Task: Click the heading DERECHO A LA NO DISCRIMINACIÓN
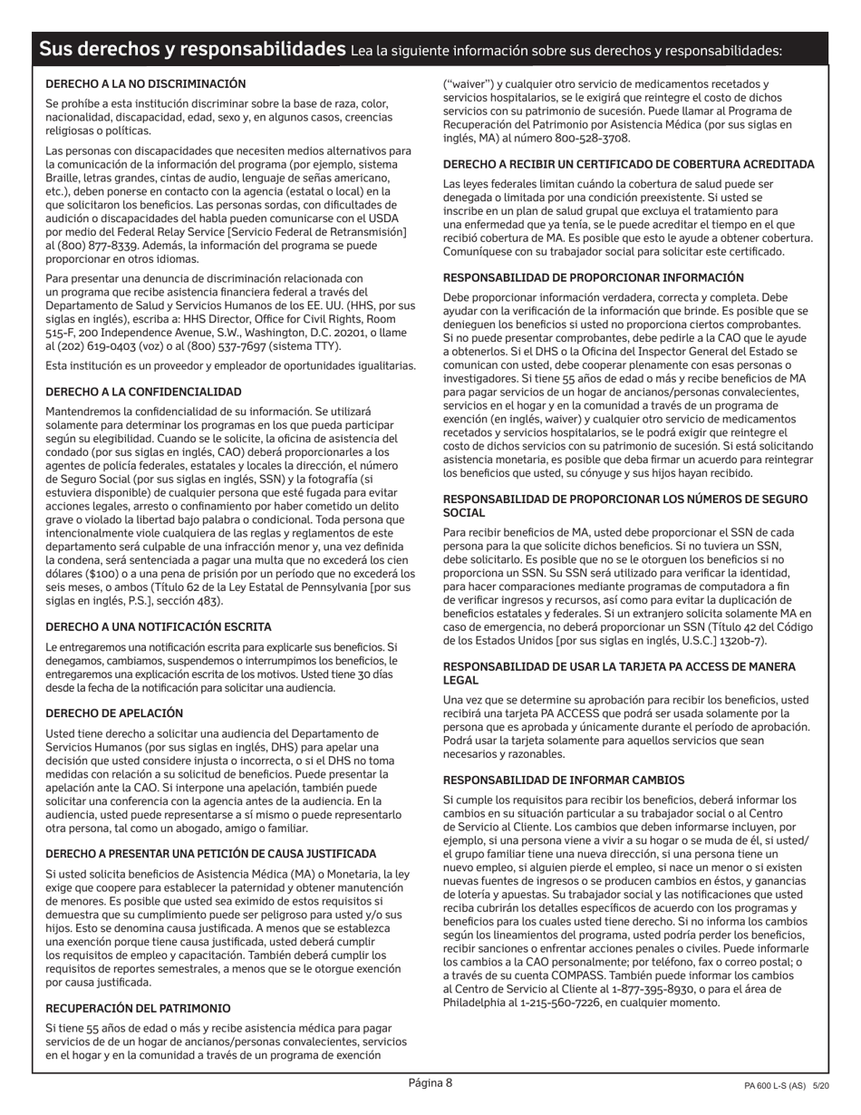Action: point(146,83)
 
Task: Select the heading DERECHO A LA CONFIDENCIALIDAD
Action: point(143,392)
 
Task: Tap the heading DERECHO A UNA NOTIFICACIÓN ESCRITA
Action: point(159,626)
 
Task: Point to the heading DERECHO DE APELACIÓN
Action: point(114,713)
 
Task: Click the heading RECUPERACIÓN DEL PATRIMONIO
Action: point(138,1008)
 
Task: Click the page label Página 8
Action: point(430,1082)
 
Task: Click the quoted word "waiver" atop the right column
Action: point(466,83)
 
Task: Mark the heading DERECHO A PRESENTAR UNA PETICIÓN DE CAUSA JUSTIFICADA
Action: point(210,854)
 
